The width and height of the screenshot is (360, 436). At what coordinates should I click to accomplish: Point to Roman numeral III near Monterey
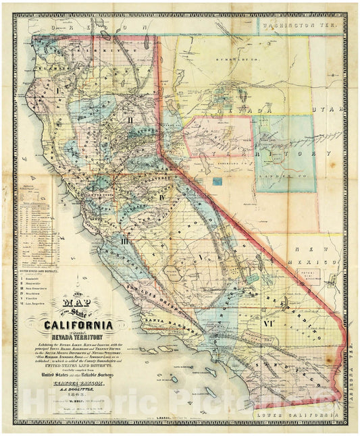(x=124, y=240)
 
